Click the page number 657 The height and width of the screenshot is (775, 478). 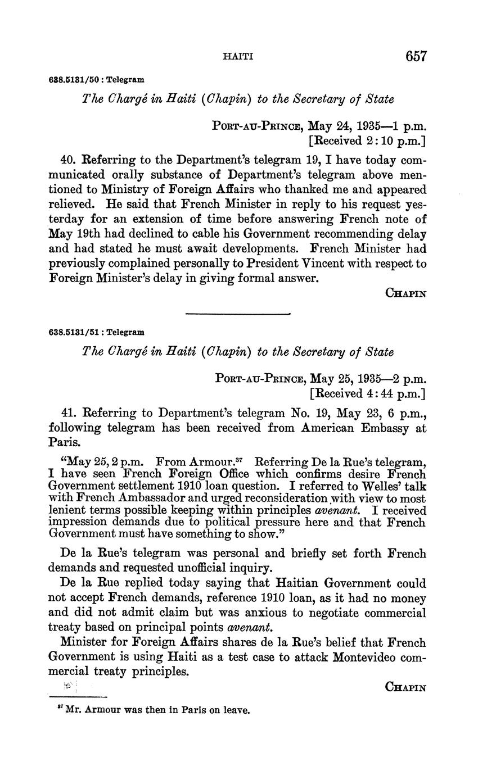pyautogui.click(x=415, y=56)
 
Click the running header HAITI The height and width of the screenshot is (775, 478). pyautogui.click(x=238, y=57)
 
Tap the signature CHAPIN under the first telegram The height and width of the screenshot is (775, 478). pyautogui.click(x=405, y=293)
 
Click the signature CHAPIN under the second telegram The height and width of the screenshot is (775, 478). pyautogui.click(x=405, y=687)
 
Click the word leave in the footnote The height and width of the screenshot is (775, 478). pyautogui.click(x=236, y=710)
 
